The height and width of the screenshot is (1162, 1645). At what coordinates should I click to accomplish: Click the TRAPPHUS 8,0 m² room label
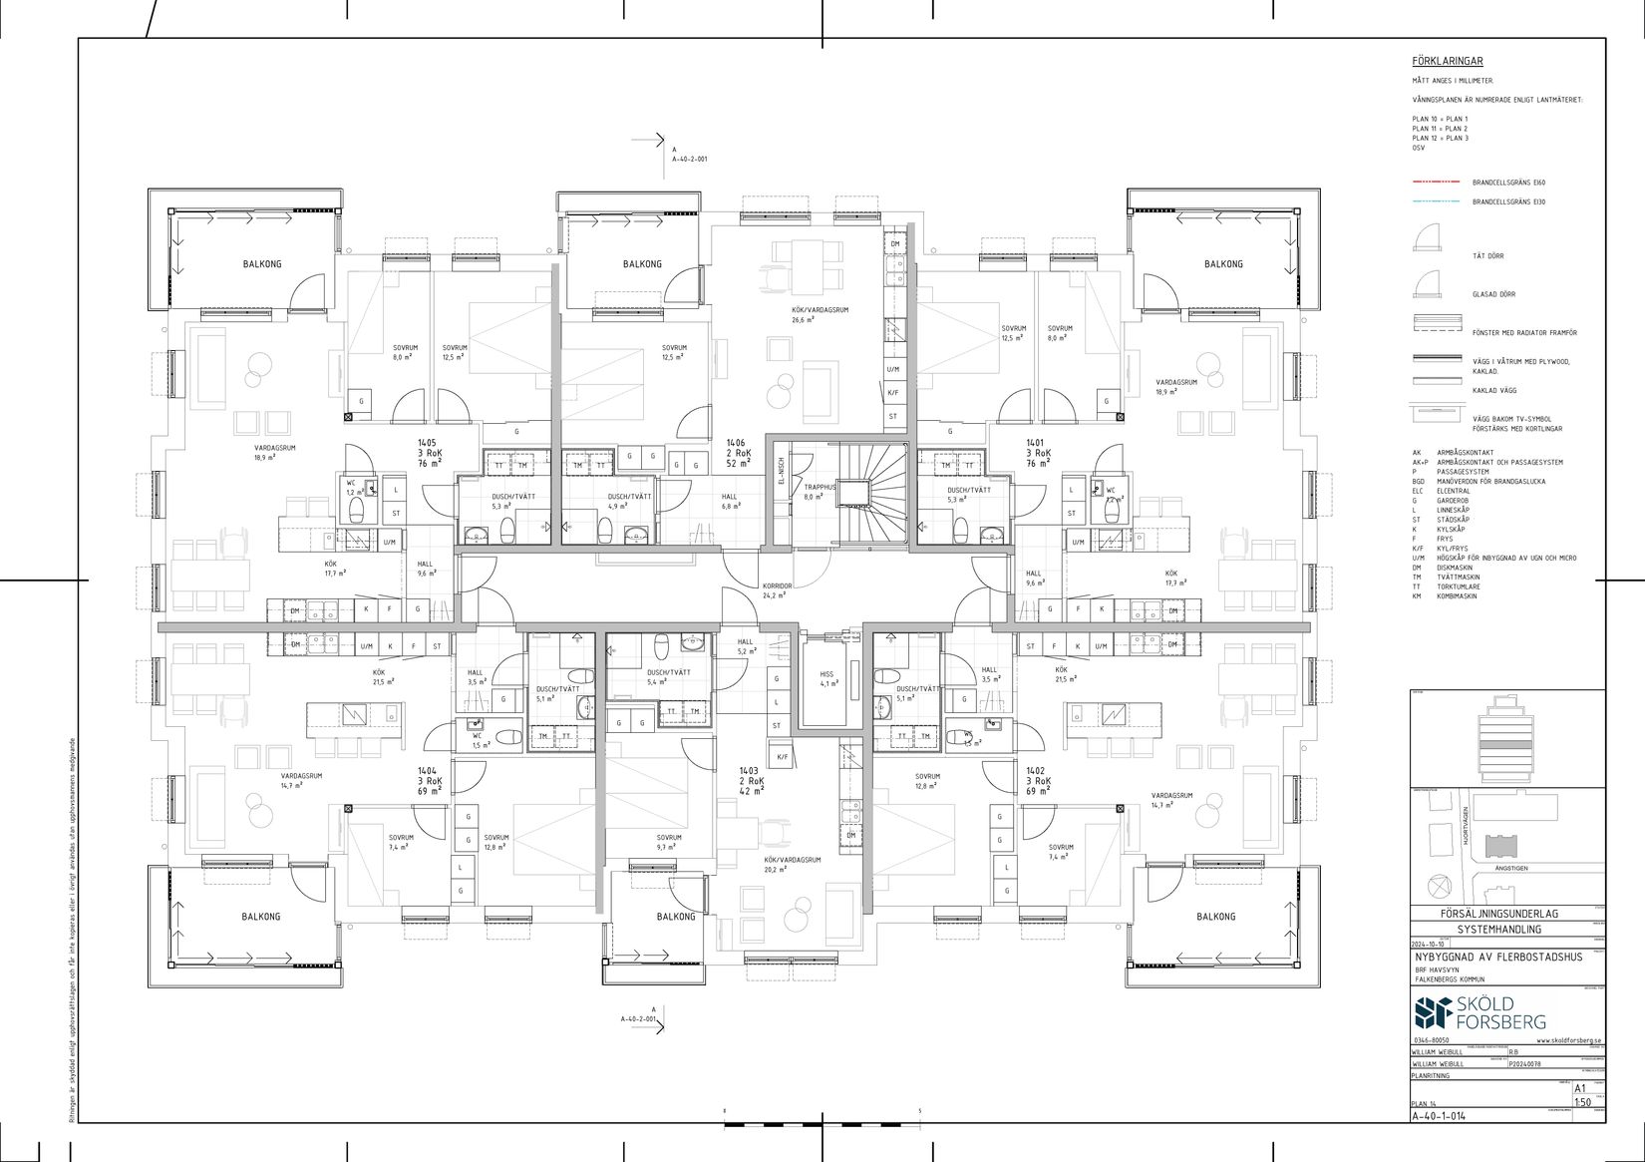(x=813, y=492)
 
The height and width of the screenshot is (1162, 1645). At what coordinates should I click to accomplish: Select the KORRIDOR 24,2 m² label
(x=777, y=590)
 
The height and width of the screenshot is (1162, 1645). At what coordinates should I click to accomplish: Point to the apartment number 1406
(x=736, y=442)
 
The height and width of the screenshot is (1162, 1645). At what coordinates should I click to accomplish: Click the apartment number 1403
(x=749, y=770)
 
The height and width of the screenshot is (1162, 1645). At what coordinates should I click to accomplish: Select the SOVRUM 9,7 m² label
(x=669, y=842)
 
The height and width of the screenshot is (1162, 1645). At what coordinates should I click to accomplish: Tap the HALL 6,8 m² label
(x=730, y=501)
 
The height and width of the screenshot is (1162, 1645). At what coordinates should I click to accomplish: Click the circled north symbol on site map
(x=1437, y=886)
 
